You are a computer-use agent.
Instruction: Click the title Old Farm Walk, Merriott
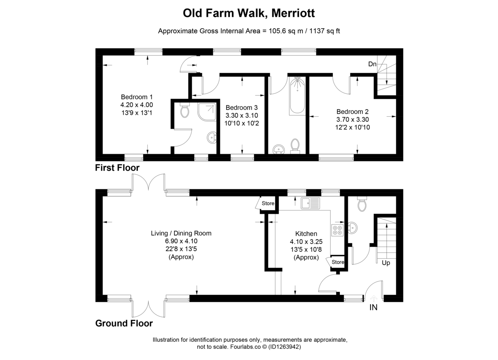coord(249,13)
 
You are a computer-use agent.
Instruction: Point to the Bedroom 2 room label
coord(352,112)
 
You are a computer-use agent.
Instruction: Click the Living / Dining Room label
coord(181,233)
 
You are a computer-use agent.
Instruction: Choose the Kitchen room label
coord(306,234)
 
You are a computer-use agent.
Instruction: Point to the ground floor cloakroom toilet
coord(361,204)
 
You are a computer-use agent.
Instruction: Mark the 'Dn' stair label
coord(372,64)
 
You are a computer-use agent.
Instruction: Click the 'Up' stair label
coord(385,263)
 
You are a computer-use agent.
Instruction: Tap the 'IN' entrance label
coord(373,308)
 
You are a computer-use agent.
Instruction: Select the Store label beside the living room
coord(268,203)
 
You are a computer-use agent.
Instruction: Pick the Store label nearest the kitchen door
coord(337,262)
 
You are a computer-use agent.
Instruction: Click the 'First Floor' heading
coord(117,168)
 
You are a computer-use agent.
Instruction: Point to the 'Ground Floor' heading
coord(124,323)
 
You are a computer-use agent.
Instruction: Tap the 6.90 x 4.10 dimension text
coord(181,241)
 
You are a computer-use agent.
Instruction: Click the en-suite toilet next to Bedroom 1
coord(185,111)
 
